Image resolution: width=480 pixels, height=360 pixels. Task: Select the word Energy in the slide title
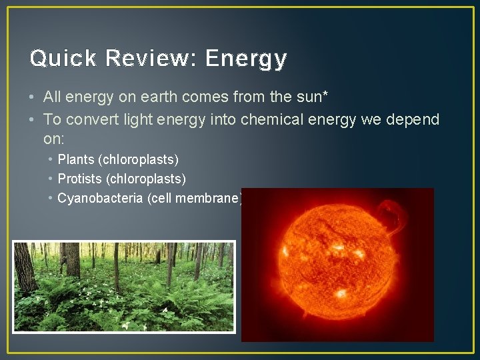click(246, 59)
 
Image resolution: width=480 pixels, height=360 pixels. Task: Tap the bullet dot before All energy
click(33, 98)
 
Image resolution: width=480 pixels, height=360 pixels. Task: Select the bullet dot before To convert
click(33, 120)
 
